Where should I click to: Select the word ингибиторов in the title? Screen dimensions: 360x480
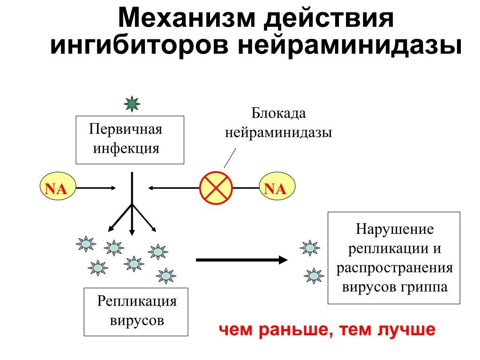[x=141, y=47]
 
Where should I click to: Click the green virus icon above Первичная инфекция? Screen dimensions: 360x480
[x=132, y=104]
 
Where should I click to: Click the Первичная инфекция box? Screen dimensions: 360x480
[x=130, y=140]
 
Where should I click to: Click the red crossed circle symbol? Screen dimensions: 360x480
[x=216, y=187]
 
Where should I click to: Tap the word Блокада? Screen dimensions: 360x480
[x=278, y=113]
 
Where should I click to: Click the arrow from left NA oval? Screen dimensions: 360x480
[x=96, y=188]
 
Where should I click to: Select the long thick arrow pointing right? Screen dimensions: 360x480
[x=241, y=260]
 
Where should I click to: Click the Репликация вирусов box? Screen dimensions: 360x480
[x=136, y=311]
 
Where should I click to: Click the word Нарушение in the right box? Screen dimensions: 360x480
[x=394, y=230]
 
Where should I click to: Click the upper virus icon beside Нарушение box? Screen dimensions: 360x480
[x=310, y=248]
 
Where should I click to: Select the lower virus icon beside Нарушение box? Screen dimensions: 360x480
[x=314, y=276]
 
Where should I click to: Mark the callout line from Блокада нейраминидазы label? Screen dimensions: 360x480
[x=230, y=157]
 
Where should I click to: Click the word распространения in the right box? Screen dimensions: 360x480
[x=394, y=268]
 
